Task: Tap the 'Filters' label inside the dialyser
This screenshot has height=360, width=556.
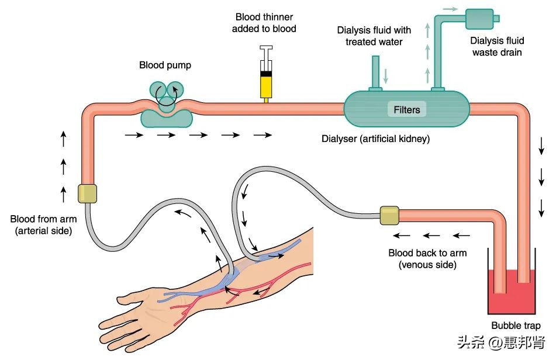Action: [407, 109]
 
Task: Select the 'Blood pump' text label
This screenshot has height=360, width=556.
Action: [165, 65]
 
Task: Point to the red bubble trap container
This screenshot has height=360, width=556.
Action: [512, 289]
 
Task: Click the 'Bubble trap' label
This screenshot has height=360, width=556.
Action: [516, 326]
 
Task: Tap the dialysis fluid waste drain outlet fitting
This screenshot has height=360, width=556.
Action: [481, 19]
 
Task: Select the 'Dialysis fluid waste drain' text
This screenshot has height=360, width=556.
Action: [497, 47]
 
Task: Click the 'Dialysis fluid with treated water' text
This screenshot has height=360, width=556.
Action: [374, 36]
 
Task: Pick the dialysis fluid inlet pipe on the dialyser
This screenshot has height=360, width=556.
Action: [375, 73]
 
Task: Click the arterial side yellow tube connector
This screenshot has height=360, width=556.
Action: [87, 193]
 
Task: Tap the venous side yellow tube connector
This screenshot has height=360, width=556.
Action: [389, 215]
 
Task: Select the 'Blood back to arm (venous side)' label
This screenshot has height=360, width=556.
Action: [427, 259]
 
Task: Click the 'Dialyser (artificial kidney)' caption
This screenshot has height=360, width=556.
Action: [376, 139]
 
